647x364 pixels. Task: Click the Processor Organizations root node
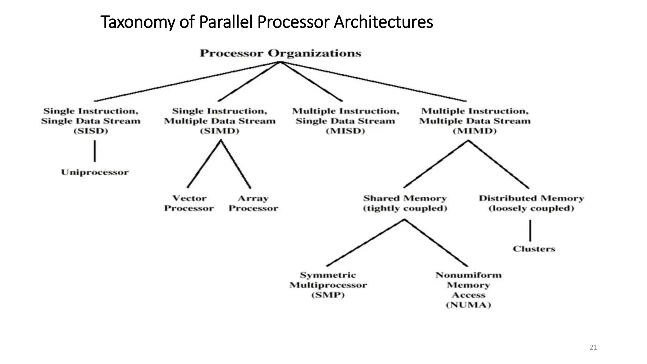(x=280, y=53)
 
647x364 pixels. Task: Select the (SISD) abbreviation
(x=91, y=131)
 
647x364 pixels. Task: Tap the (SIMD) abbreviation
(x=220, y=131)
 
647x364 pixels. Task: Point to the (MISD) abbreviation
(x=345, y=131)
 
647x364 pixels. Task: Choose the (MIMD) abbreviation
(x=475, y=131)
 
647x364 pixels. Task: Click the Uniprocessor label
(x=95, y=172)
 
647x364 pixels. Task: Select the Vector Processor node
(x=189, y=203)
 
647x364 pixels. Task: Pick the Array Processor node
(x=253, y=203)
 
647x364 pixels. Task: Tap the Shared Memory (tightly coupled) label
(x=405, y=203)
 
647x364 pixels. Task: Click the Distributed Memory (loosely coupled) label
(x=531, y=203)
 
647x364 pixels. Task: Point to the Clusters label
(x=534, y=249)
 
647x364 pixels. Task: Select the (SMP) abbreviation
(x=328, y=295)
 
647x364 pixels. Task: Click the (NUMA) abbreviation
(x=468, y=305)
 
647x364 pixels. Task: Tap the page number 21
(x=593, y=348)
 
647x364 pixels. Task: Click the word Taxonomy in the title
(x=137, y=22)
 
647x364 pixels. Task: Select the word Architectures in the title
(x=383, y=22)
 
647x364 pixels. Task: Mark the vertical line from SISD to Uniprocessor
(x=95, y=151)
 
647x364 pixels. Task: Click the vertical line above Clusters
(x=530, y=231)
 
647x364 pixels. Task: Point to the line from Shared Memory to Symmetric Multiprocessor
(x=366, y=243)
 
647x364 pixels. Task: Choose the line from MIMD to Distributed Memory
(x=499, y=164)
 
